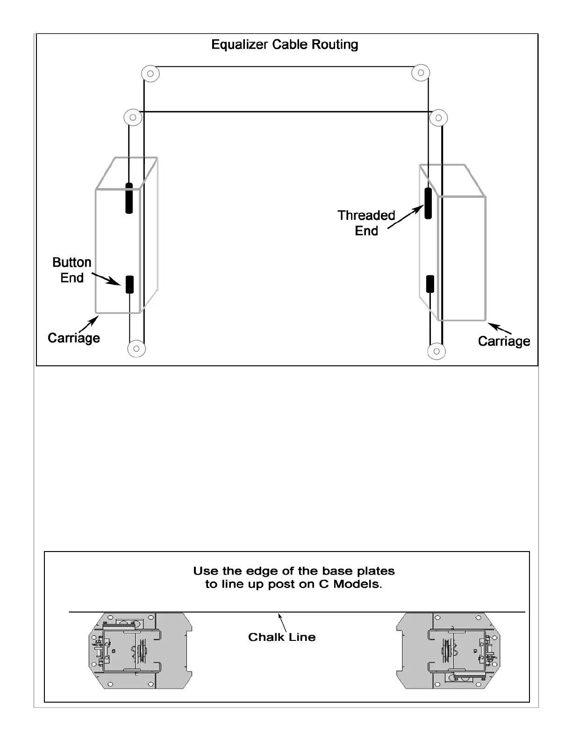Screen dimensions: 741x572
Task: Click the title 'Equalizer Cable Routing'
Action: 285,45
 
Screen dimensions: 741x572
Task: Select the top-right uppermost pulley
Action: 421,73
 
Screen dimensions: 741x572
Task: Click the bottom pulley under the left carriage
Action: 136,349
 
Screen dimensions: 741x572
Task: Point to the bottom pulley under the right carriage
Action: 436,351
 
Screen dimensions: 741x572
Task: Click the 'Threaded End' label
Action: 366,223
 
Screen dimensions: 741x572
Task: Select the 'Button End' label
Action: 71,270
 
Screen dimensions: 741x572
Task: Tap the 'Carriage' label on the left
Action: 74,338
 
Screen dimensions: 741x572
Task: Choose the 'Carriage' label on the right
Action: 504,341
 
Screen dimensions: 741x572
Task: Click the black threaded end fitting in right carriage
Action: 428,203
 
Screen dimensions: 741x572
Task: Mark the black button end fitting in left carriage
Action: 129,284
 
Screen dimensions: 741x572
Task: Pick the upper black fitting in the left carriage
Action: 129,198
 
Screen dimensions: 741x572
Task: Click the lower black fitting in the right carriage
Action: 430,284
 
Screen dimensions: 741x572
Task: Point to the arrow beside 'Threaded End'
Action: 405,218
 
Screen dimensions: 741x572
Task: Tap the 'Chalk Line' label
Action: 282,637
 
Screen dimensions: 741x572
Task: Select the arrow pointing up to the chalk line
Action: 282,622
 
